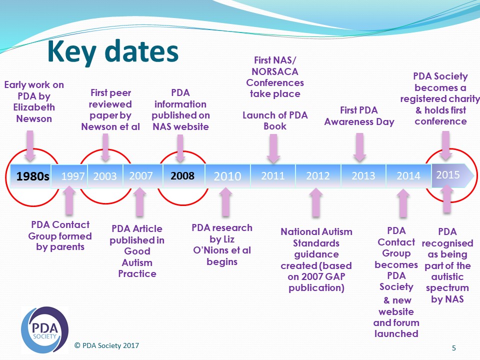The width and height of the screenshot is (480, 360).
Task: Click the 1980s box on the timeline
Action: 32,176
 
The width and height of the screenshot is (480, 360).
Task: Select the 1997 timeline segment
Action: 72,176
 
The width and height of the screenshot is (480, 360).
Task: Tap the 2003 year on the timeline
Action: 104,176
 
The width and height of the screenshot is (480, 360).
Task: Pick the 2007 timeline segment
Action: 141,175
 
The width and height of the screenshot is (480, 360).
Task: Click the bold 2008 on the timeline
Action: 182,176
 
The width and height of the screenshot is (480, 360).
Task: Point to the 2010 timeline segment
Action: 227,176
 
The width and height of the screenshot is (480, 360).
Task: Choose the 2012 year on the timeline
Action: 318,175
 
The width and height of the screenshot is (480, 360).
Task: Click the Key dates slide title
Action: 112,52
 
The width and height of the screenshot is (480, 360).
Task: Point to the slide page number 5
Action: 453,348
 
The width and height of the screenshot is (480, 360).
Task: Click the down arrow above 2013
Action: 359,146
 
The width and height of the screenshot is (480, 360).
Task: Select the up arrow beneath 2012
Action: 315,202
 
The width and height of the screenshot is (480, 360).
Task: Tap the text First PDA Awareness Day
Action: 359,115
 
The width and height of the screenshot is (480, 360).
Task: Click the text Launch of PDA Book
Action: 275,120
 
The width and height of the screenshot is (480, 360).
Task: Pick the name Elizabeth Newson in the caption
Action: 34,113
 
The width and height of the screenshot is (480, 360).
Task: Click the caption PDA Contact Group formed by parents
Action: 60,235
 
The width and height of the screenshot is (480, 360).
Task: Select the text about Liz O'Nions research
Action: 221,244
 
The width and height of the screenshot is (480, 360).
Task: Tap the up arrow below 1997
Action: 69,199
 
